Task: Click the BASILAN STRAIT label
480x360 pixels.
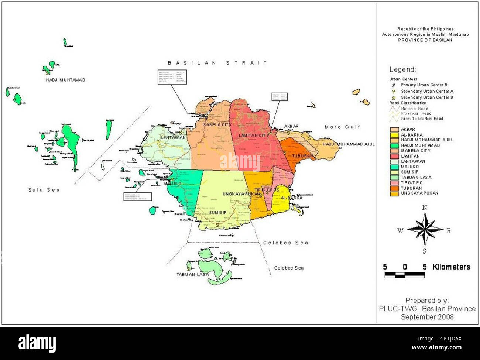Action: pos(217,63)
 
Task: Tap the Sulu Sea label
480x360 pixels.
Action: pos(44,190)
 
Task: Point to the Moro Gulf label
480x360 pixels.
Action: pos(342,127)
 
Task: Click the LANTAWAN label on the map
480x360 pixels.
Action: pos(173,138)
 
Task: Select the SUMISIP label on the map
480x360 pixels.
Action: pos(218,213)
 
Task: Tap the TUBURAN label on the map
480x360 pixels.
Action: pos(302,156)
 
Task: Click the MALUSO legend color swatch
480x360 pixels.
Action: pos(394,167)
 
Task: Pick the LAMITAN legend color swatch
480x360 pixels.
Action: pos(394,156)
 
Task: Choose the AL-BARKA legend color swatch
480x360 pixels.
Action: pos(394,135)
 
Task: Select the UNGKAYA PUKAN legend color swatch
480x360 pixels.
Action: pos(394,193)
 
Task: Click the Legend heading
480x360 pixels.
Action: pos(403,69)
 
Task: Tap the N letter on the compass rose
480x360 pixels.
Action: pos(425,208)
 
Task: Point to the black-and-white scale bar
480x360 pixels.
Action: pos(404,275)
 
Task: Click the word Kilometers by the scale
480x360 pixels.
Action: pos(451,267)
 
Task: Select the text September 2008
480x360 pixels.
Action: pos(427,317)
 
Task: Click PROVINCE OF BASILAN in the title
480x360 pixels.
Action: pos(425,40)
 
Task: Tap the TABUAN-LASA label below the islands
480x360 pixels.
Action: pos(192,275)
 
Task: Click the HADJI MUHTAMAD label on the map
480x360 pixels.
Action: pos(65,80)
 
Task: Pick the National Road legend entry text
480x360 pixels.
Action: pos(415,109)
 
